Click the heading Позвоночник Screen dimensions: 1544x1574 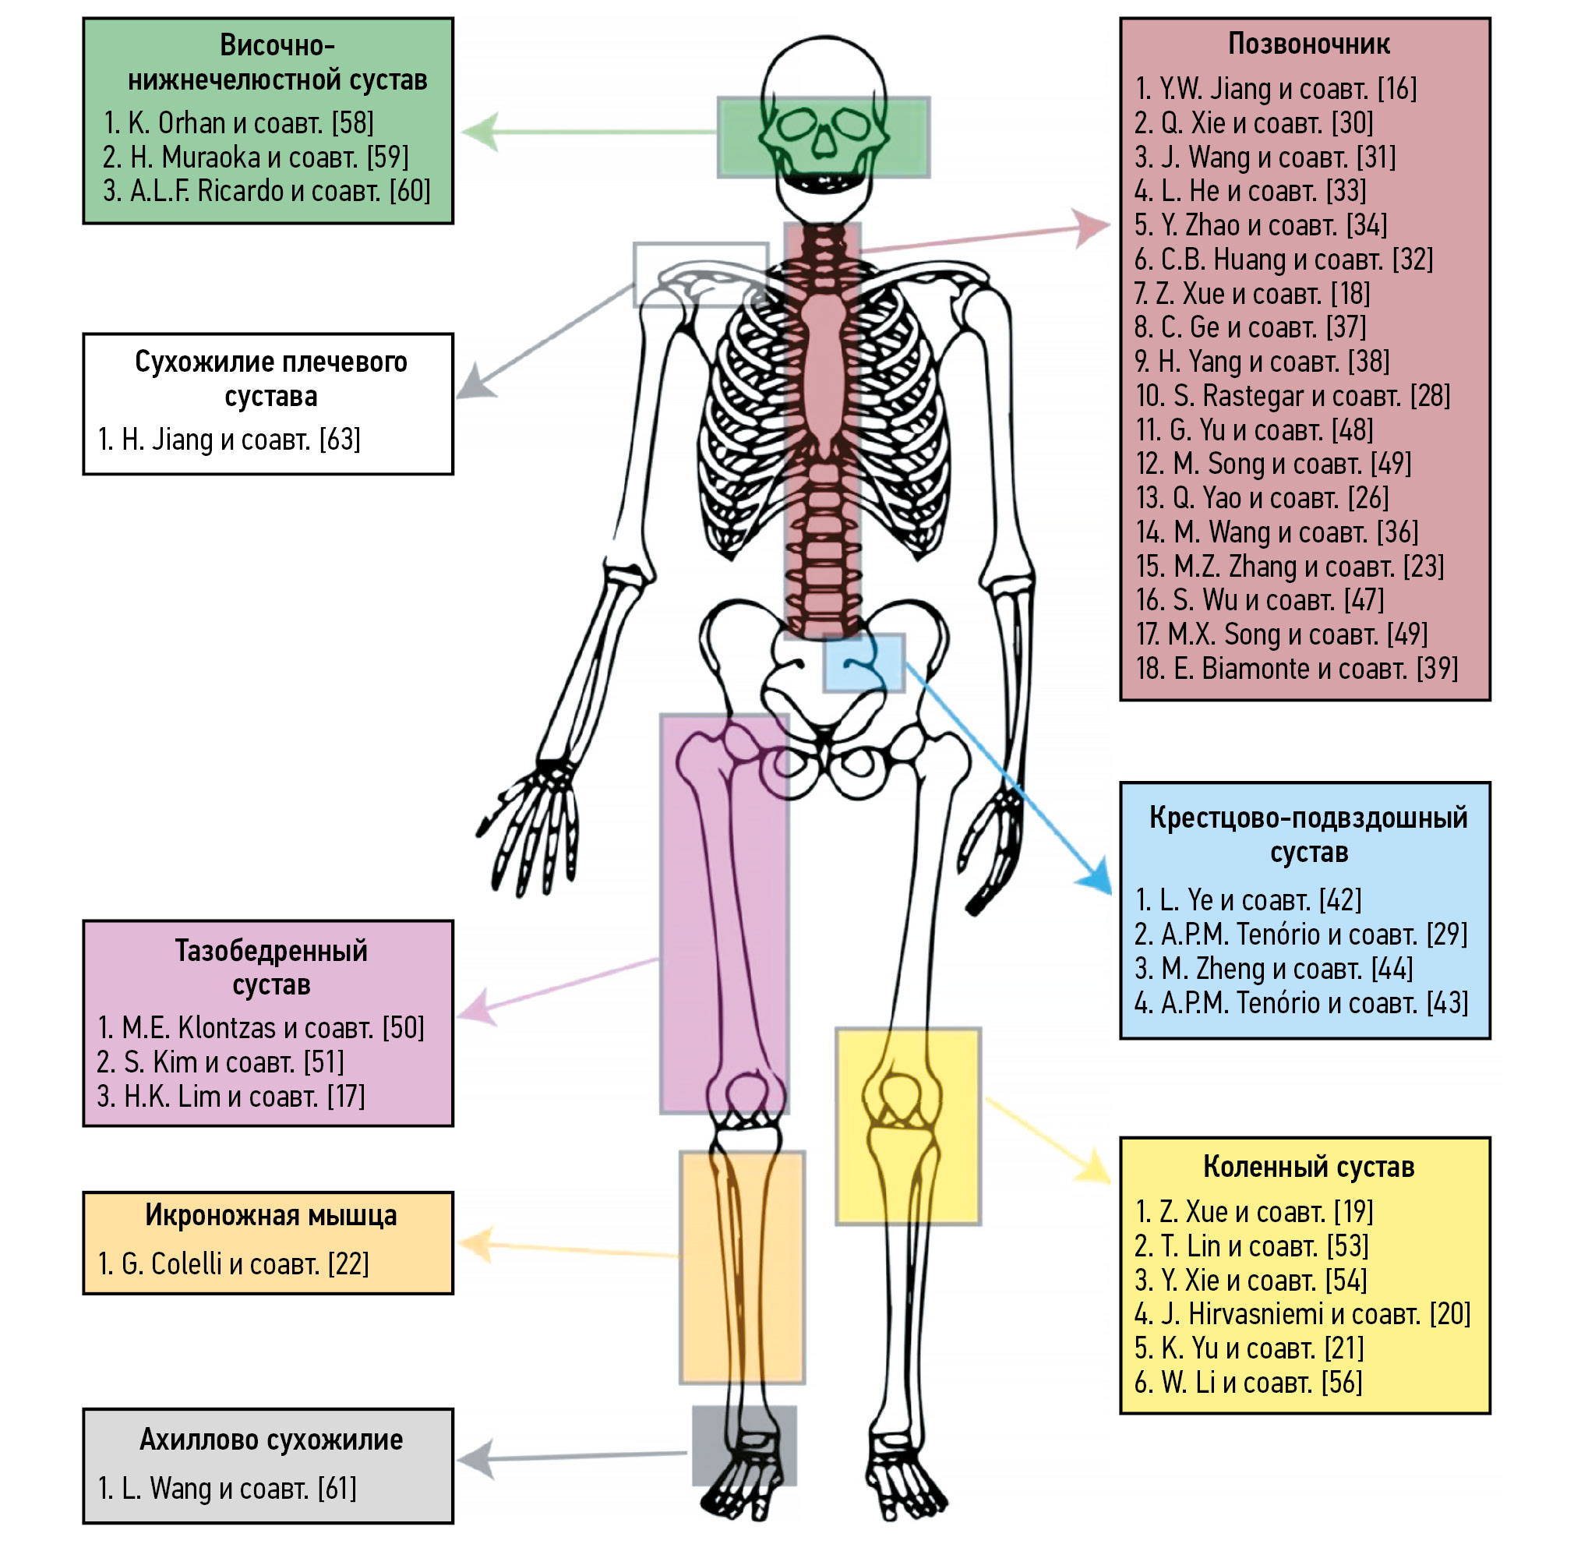coord(1308,44)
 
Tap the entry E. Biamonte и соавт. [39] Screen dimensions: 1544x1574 coord(1296,669)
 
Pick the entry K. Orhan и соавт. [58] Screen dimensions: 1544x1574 coord(238,123)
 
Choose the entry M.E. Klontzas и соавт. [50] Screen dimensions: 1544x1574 coord(260,1028)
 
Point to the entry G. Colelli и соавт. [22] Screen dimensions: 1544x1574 coord(233,1263)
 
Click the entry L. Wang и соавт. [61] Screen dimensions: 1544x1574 coord(226,1488)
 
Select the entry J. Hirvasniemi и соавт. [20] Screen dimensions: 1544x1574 coord(1301,1314)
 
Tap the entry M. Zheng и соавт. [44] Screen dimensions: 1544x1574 coord(1273,969)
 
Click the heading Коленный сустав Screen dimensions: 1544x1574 coord(1308,1167)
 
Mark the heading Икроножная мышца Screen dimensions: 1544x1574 coord(271,1215)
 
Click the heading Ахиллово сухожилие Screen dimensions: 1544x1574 coord(271,1440)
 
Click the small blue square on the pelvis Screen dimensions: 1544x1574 coord(863,663)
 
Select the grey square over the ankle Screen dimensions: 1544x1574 coord(743,1445)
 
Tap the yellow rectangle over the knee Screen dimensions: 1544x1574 coord(909,1126)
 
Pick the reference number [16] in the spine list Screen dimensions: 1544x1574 coord(1396,89)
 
